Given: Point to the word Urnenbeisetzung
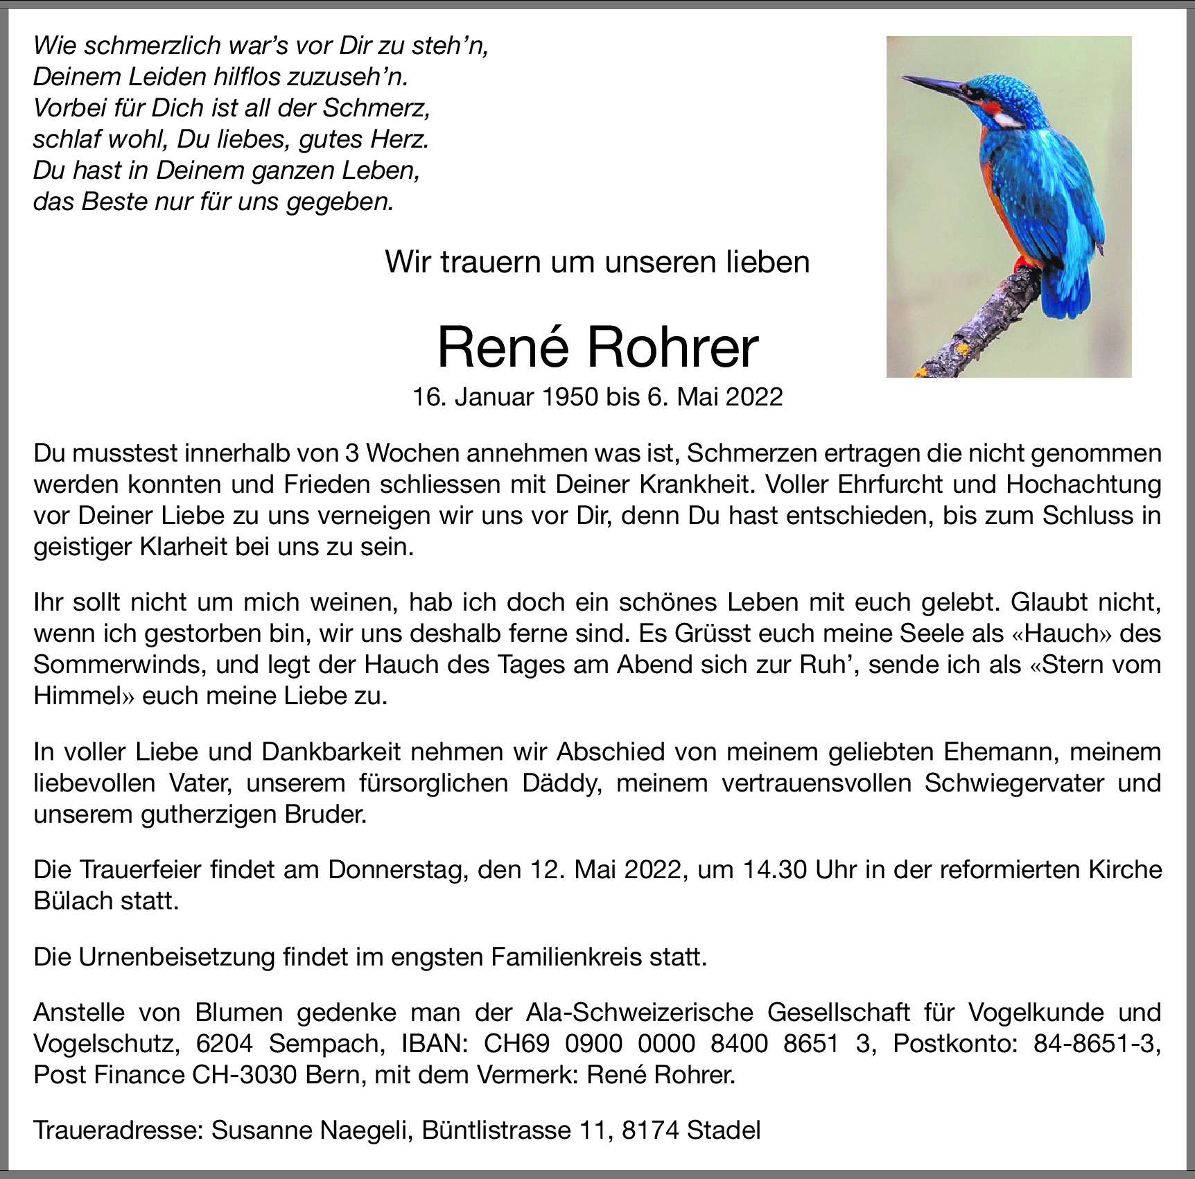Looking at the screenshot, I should tap(177, 957).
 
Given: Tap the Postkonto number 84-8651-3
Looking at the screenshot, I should tap(1096, 1043).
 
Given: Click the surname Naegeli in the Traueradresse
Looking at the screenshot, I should tap(363, 1130).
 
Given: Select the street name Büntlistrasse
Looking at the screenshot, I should tap(496, 1130).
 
